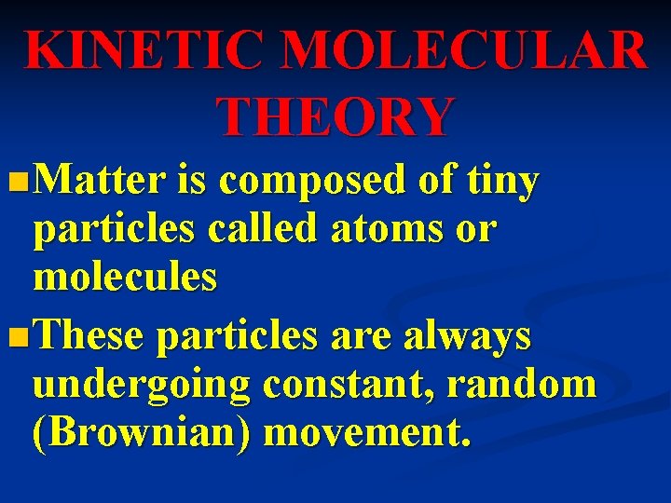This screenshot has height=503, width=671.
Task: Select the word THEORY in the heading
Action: (x=335, y=116)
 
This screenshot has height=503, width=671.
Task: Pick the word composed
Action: (x=314, y=180)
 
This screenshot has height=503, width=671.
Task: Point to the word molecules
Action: (x=125, y=277)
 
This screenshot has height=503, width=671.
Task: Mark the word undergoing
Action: (x=141, y=386)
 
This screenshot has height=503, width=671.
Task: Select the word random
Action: (x=525, y=385)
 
